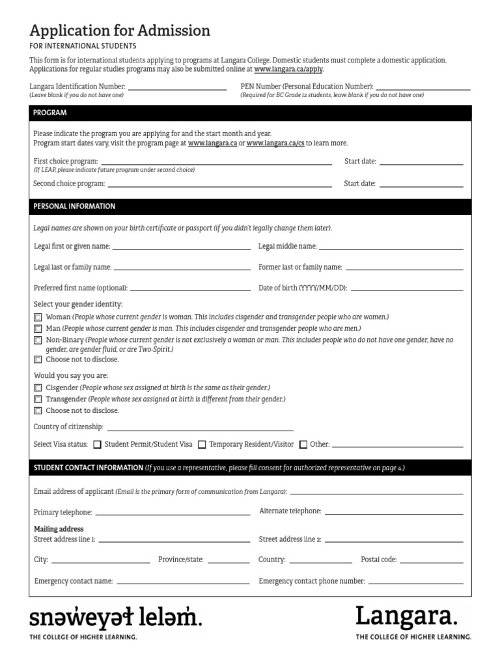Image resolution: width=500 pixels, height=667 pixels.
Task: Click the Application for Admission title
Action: click(x=120, y=31)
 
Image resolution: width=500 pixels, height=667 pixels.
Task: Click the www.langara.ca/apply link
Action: click(x=288, y=69)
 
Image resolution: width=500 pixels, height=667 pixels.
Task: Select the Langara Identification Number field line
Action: click(x=177, y=87)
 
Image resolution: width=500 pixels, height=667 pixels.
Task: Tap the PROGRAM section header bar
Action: click(x=250, y=113)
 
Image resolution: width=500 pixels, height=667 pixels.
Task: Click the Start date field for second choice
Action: click(x=421, y=184)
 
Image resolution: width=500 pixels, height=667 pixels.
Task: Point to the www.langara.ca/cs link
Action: click(x=275, y=143)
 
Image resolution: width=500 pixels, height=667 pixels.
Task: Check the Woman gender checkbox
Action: click(x=38, y=317)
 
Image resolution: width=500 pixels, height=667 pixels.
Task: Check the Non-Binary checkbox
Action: click(x=38, y=341)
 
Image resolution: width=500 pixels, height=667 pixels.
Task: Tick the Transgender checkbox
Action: click(x=38, y=399)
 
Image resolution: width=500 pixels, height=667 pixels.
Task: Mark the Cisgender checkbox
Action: click(x=38, y=388)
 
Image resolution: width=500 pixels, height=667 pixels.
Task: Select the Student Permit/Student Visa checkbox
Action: click(x=98, y=445)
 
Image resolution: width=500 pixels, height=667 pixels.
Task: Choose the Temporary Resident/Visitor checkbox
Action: click(x=202, y=445)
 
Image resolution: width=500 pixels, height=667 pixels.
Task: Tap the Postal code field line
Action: click(x=431, y=560)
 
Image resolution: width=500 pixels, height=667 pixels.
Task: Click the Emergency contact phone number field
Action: click(x=415, y=582)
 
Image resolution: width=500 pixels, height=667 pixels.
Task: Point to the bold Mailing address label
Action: click(x=59, y=529)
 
